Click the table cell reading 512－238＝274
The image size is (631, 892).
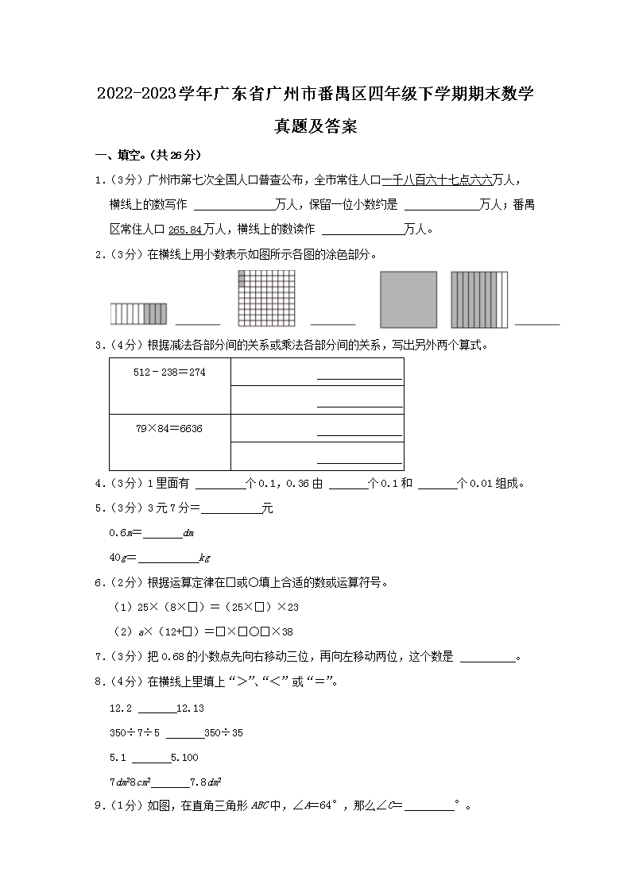coord(170,372)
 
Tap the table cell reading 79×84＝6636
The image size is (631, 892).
coord(169,428)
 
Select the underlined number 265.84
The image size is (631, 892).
coord(186,230)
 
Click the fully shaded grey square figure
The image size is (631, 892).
coord(408,299)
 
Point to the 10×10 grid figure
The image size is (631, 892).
coord(266,299)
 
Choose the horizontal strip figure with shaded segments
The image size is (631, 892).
coord(138,314)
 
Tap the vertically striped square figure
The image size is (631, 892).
coord(479,299)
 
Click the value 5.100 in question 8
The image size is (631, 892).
coord(184,757)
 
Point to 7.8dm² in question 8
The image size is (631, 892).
coord(205,782)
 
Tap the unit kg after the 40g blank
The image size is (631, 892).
coord(204,558)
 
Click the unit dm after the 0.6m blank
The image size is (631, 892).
coord(188,533)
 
